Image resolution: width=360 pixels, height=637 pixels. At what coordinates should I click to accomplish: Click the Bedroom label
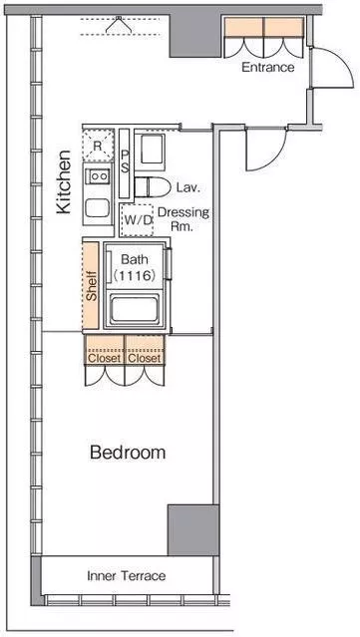[128, 453]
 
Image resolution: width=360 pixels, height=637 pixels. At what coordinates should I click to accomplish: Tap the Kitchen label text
[64, 181]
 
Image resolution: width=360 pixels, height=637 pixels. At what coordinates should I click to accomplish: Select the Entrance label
[268, 67]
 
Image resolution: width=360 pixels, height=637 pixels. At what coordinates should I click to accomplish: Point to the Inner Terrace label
[127, 575]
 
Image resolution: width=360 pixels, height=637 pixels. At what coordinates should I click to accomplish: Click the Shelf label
[92, 285]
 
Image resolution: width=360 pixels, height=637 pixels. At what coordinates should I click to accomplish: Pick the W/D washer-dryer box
[137, 220]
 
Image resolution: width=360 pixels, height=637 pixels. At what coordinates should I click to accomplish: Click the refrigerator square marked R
[98, 146]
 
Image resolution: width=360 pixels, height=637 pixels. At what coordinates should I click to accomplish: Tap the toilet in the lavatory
[153, 187]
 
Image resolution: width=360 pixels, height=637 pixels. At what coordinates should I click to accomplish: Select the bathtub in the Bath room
[135, 308]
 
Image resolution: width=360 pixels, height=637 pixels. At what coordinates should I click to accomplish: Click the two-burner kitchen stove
[99, 175]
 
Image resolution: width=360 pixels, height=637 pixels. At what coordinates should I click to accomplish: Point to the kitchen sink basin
[97, 207]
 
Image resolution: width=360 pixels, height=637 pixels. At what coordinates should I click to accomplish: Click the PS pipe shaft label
[125, 161]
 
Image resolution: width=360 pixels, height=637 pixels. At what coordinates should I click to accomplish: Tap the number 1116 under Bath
[134, 276]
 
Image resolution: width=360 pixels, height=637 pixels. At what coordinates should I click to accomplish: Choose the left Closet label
[105, 358]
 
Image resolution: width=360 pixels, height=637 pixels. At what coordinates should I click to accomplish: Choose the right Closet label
[145, 358]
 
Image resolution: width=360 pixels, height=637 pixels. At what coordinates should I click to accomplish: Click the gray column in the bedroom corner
[193, 529]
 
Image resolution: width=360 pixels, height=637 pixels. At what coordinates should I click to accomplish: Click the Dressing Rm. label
[182, 219]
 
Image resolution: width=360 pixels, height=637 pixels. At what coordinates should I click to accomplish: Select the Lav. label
[188, 187]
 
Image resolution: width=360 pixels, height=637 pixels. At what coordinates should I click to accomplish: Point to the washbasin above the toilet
[150, 152]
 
